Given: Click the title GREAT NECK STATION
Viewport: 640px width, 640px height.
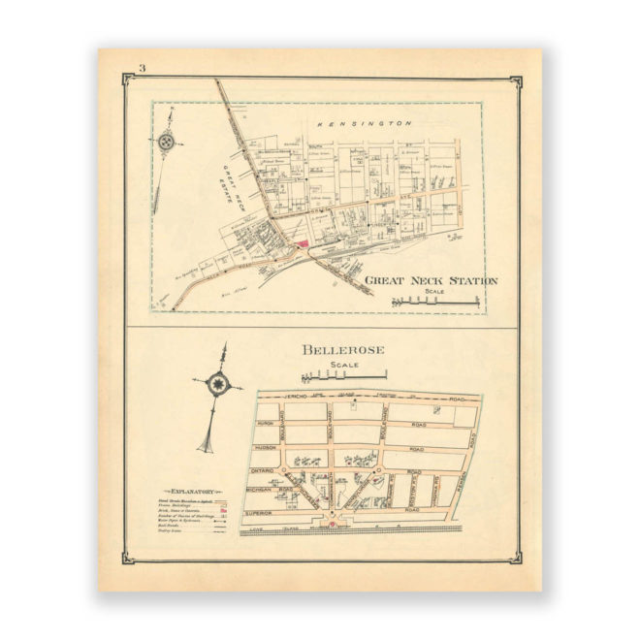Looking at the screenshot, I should [431, 281].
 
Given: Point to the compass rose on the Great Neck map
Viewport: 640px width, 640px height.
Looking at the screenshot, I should [168, 142].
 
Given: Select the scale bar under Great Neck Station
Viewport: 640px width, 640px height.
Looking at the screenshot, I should [435, 303].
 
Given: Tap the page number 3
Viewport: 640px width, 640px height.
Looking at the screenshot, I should [142, 68].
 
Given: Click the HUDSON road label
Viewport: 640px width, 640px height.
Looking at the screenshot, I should [269, 448].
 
